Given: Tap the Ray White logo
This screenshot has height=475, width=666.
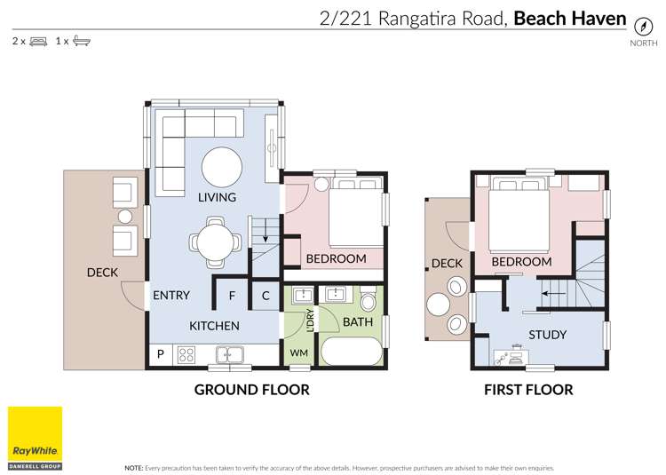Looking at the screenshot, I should click(x=35, y=434).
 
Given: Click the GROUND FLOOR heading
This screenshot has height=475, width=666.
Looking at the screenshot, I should click(x=251, y=389).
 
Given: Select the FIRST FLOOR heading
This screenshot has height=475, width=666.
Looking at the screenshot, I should click(x=528, y=389).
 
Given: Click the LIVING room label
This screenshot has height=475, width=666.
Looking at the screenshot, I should click(x=217, y=197).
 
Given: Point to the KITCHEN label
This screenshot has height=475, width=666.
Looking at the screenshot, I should click(x=214, y=325).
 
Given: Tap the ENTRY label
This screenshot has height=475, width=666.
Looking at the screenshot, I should click(x=170, y=296).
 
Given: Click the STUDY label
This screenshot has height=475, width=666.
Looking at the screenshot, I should click(x=547, y=335).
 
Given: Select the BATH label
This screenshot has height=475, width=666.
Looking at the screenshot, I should click(x=358, y=321).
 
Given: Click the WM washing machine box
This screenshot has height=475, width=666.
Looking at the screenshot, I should click(x=298, y=353).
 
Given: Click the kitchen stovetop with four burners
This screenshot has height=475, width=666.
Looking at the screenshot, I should click(x=187, y=355).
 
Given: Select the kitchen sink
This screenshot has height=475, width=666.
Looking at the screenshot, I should click(x=228, y=354).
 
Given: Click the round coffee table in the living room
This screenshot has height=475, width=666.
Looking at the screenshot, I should click(x=221, y=166).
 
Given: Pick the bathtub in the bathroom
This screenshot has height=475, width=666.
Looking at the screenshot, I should click(x=353, y=352).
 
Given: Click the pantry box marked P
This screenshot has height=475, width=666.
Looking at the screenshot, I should click(x=160, y=355).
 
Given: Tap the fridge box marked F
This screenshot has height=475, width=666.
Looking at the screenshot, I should click(x=232, y=296).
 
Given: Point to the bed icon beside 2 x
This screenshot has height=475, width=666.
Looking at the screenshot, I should click(x=38, y=41).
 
